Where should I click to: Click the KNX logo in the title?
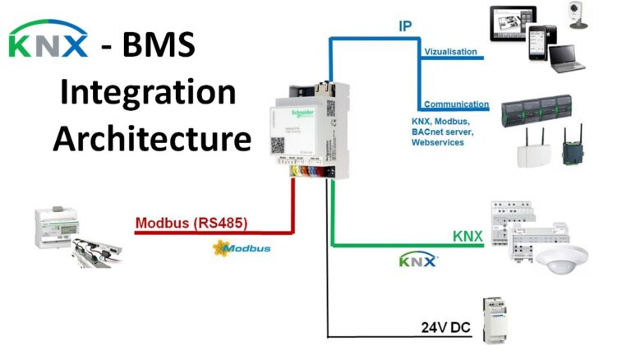tap(48, 42)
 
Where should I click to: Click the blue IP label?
tap(405, 26)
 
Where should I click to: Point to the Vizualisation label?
tap(450, 52)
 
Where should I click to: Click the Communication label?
tap(456, 105)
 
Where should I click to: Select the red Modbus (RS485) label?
tap(191, 223)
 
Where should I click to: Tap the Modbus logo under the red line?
tap(241, 247)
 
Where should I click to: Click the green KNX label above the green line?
tap(467, 236)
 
